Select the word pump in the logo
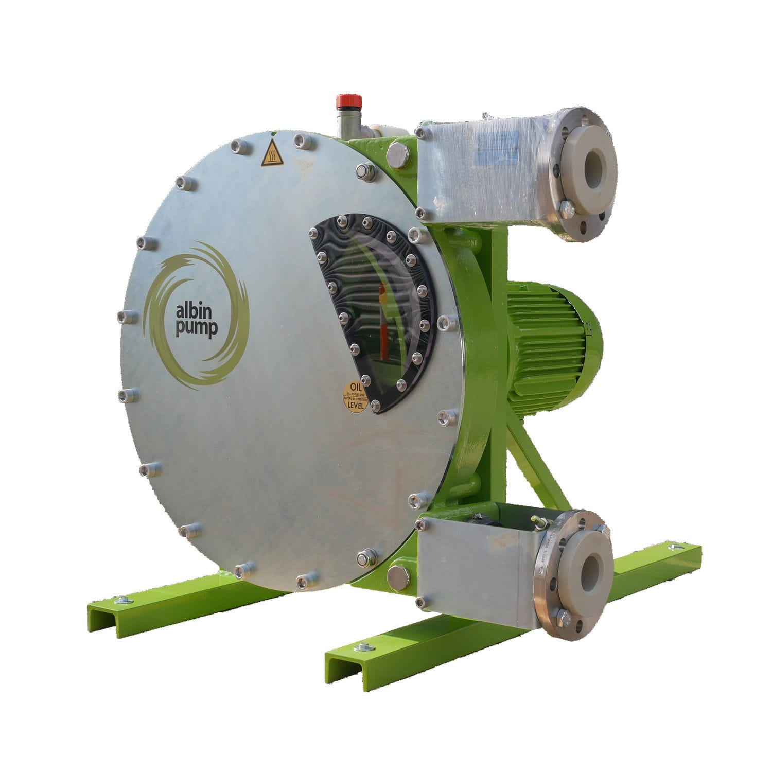196,329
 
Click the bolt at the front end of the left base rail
121,600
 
